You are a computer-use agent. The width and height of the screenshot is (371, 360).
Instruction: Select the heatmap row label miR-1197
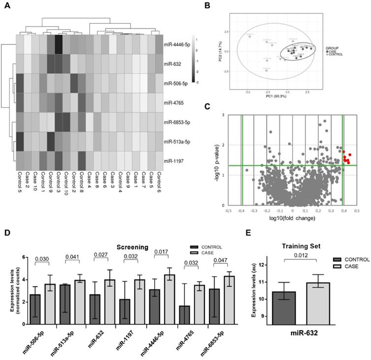point(175,161)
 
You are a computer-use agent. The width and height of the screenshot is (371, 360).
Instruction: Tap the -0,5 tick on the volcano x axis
point(229,210)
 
